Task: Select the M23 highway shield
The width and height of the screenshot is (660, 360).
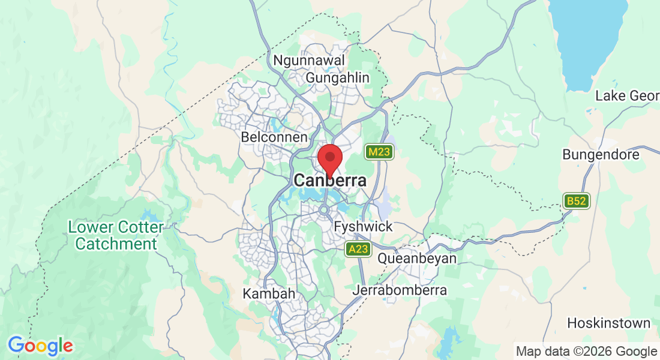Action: pyautogui.click(x=379, y=152)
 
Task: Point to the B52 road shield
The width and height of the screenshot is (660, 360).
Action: pyautogui.click(x=577, y=201)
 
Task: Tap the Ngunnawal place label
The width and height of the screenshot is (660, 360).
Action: pyautogui.click(x=309, y=61)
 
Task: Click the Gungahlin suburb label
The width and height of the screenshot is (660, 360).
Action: pyautogui.click(x=338, y=78)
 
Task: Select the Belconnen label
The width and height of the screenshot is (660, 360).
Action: pyautogui.click(x=274, y=137)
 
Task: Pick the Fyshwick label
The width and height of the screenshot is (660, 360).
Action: pyautogui.click(x=363, y=227)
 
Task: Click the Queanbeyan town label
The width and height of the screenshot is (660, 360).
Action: pyautogui.click(x=417, y=259)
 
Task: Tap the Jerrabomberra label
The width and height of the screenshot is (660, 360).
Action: pyautogui.click(x=401, y=290)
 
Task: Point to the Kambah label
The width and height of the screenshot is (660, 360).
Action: pyautogui.click(x=269, y=294)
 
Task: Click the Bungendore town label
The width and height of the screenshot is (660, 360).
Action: pyautogui.click(x=601, y=155)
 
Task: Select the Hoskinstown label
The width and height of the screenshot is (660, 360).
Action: pyautogui.click(x=608, y=323)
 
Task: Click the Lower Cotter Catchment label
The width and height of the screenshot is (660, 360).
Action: pyautogui.click(x=116, y=236)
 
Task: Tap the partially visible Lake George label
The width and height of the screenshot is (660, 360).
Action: pyautogui.click(x=627, y=96)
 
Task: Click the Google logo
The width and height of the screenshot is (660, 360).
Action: pyautogui.click(x=40, y=346)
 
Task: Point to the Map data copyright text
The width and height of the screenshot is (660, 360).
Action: pyautogui.click(x=586, y=351)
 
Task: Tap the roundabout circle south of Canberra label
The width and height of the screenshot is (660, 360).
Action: pyautogui.click(x=325, y=210)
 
